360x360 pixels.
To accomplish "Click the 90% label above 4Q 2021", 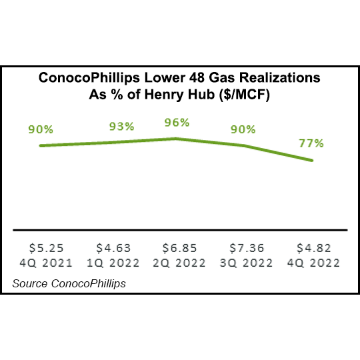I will pos(41,129).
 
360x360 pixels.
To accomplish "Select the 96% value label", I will pos(177,123).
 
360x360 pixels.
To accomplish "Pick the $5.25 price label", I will pos(42,249).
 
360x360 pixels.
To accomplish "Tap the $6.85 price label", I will pos(177,249).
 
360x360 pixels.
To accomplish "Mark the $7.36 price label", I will pos(244,249).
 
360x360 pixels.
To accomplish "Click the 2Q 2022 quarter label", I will pos(177,263).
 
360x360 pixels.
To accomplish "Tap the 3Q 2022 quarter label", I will pos(244,263).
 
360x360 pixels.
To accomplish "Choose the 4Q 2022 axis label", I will pos(311,263).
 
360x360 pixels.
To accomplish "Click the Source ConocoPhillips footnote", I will pos(69,284).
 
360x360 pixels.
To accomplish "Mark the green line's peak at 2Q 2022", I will pos(175,139).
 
